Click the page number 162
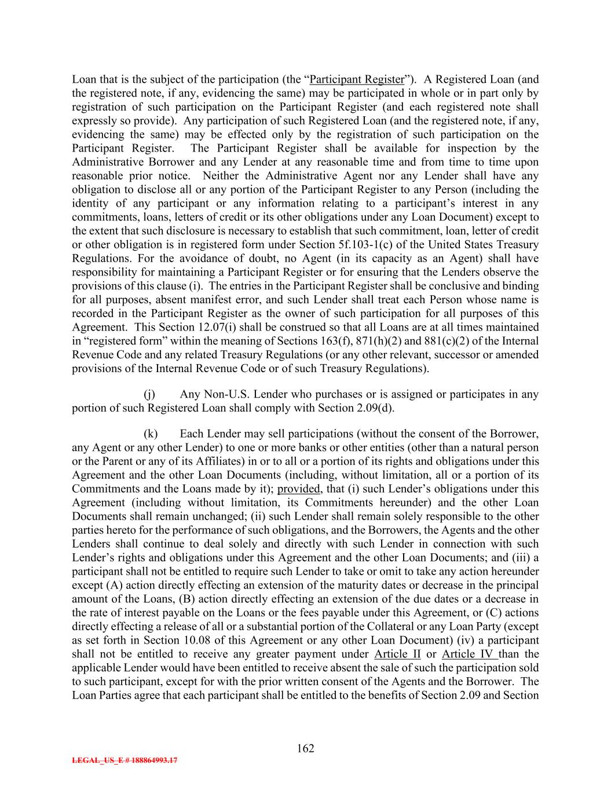305,749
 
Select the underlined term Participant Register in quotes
357,79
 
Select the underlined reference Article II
397,654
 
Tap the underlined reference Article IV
467,654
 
